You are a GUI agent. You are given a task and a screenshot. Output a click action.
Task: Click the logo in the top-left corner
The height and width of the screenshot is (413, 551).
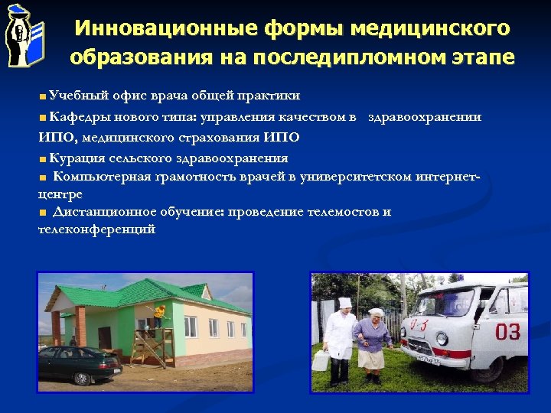point(24,34)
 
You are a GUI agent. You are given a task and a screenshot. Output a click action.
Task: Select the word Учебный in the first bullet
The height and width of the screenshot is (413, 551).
point(68,95)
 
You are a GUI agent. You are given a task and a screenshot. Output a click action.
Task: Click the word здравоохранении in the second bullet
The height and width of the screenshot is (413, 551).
point(425,116)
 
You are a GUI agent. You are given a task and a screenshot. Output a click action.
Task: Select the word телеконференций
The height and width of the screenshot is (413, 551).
point(97,229)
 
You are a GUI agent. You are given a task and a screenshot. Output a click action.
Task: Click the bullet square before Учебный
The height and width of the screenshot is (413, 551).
point(42,96)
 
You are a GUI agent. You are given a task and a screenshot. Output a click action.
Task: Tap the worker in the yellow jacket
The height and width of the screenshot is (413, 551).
point(159,314)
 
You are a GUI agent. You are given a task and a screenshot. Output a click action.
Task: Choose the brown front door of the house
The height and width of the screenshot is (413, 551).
point(105,337)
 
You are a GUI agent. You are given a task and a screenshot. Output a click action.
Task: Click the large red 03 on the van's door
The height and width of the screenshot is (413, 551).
point(507,331)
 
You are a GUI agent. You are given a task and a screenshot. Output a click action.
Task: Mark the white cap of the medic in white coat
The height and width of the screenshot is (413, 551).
point(345,302)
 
